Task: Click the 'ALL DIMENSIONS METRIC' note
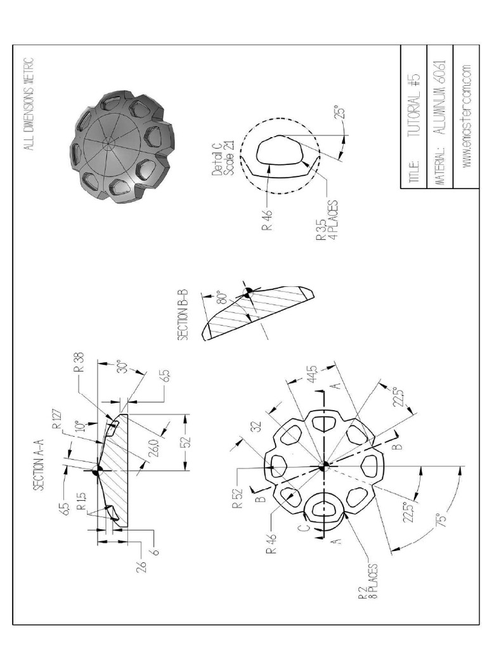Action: (29, 104)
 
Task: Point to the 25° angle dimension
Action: (341, 114)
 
